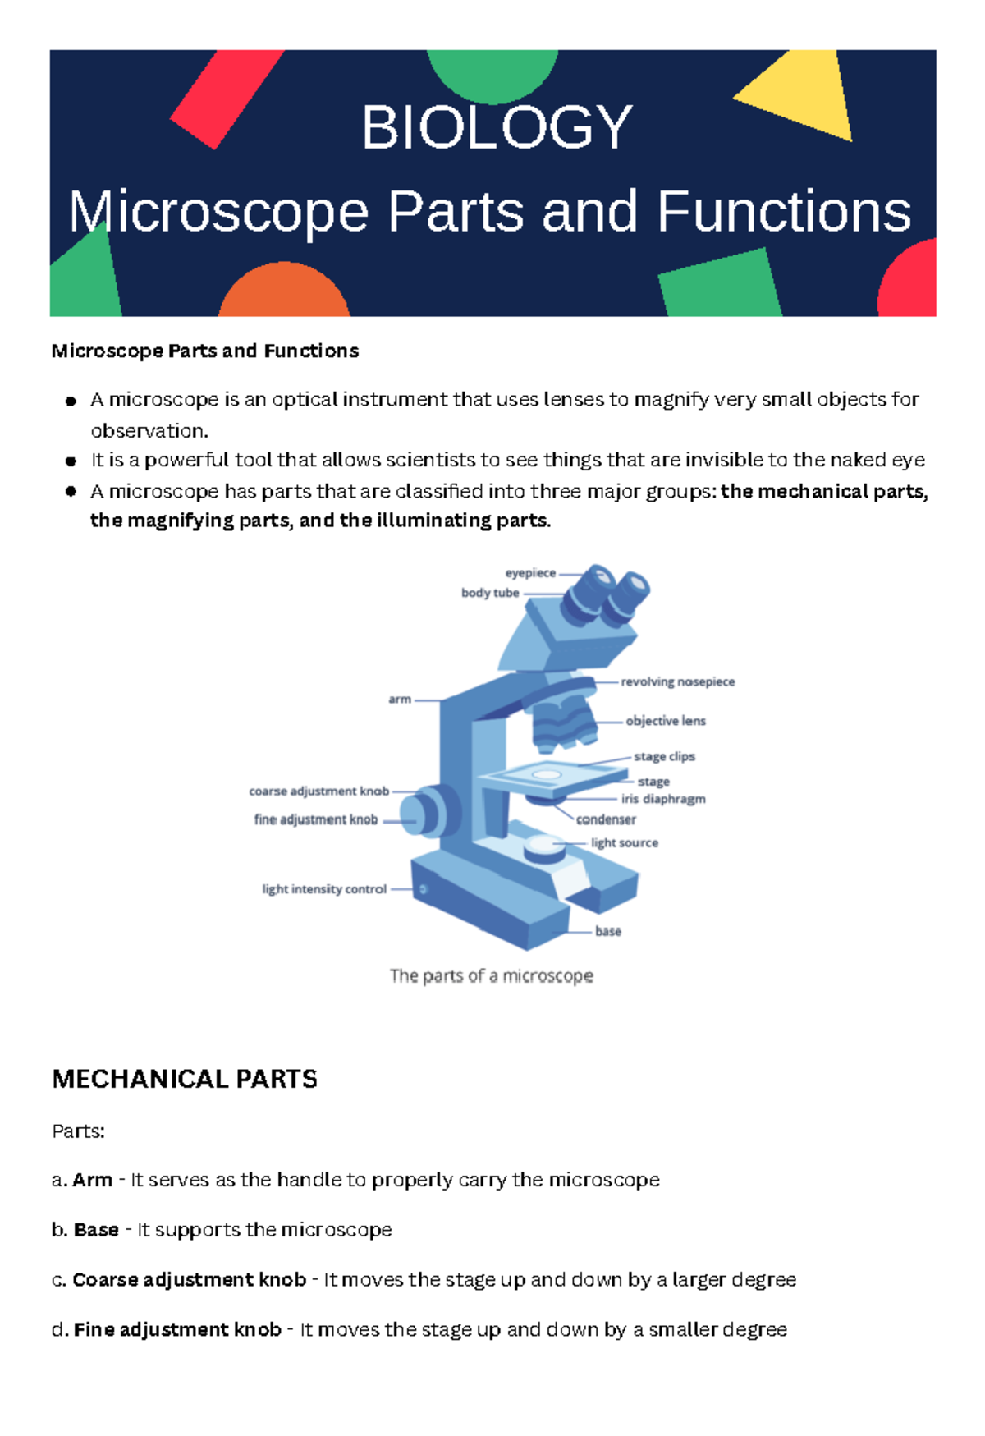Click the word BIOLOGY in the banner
pos(497,128)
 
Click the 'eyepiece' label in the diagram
pos(530,573)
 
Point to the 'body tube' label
pos(490,593)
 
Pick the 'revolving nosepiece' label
pos(677,681)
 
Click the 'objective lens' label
pos(666,721)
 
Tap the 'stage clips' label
pos(664,756)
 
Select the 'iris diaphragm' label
pos(663,799)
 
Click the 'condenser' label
pos(606,819)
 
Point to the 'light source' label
pos(624,842)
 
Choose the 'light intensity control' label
pos(324,889)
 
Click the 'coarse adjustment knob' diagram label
pos(318,791)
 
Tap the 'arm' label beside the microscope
pos(400,700)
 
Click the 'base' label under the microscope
pos(608,931)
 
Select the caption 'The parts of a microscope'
pos(491,975)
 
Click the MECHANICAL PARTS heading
pos(185,1079)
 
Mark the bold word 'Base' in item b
pos(96,1230)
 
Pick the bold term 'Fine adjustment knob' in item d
pos(177,1329)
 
